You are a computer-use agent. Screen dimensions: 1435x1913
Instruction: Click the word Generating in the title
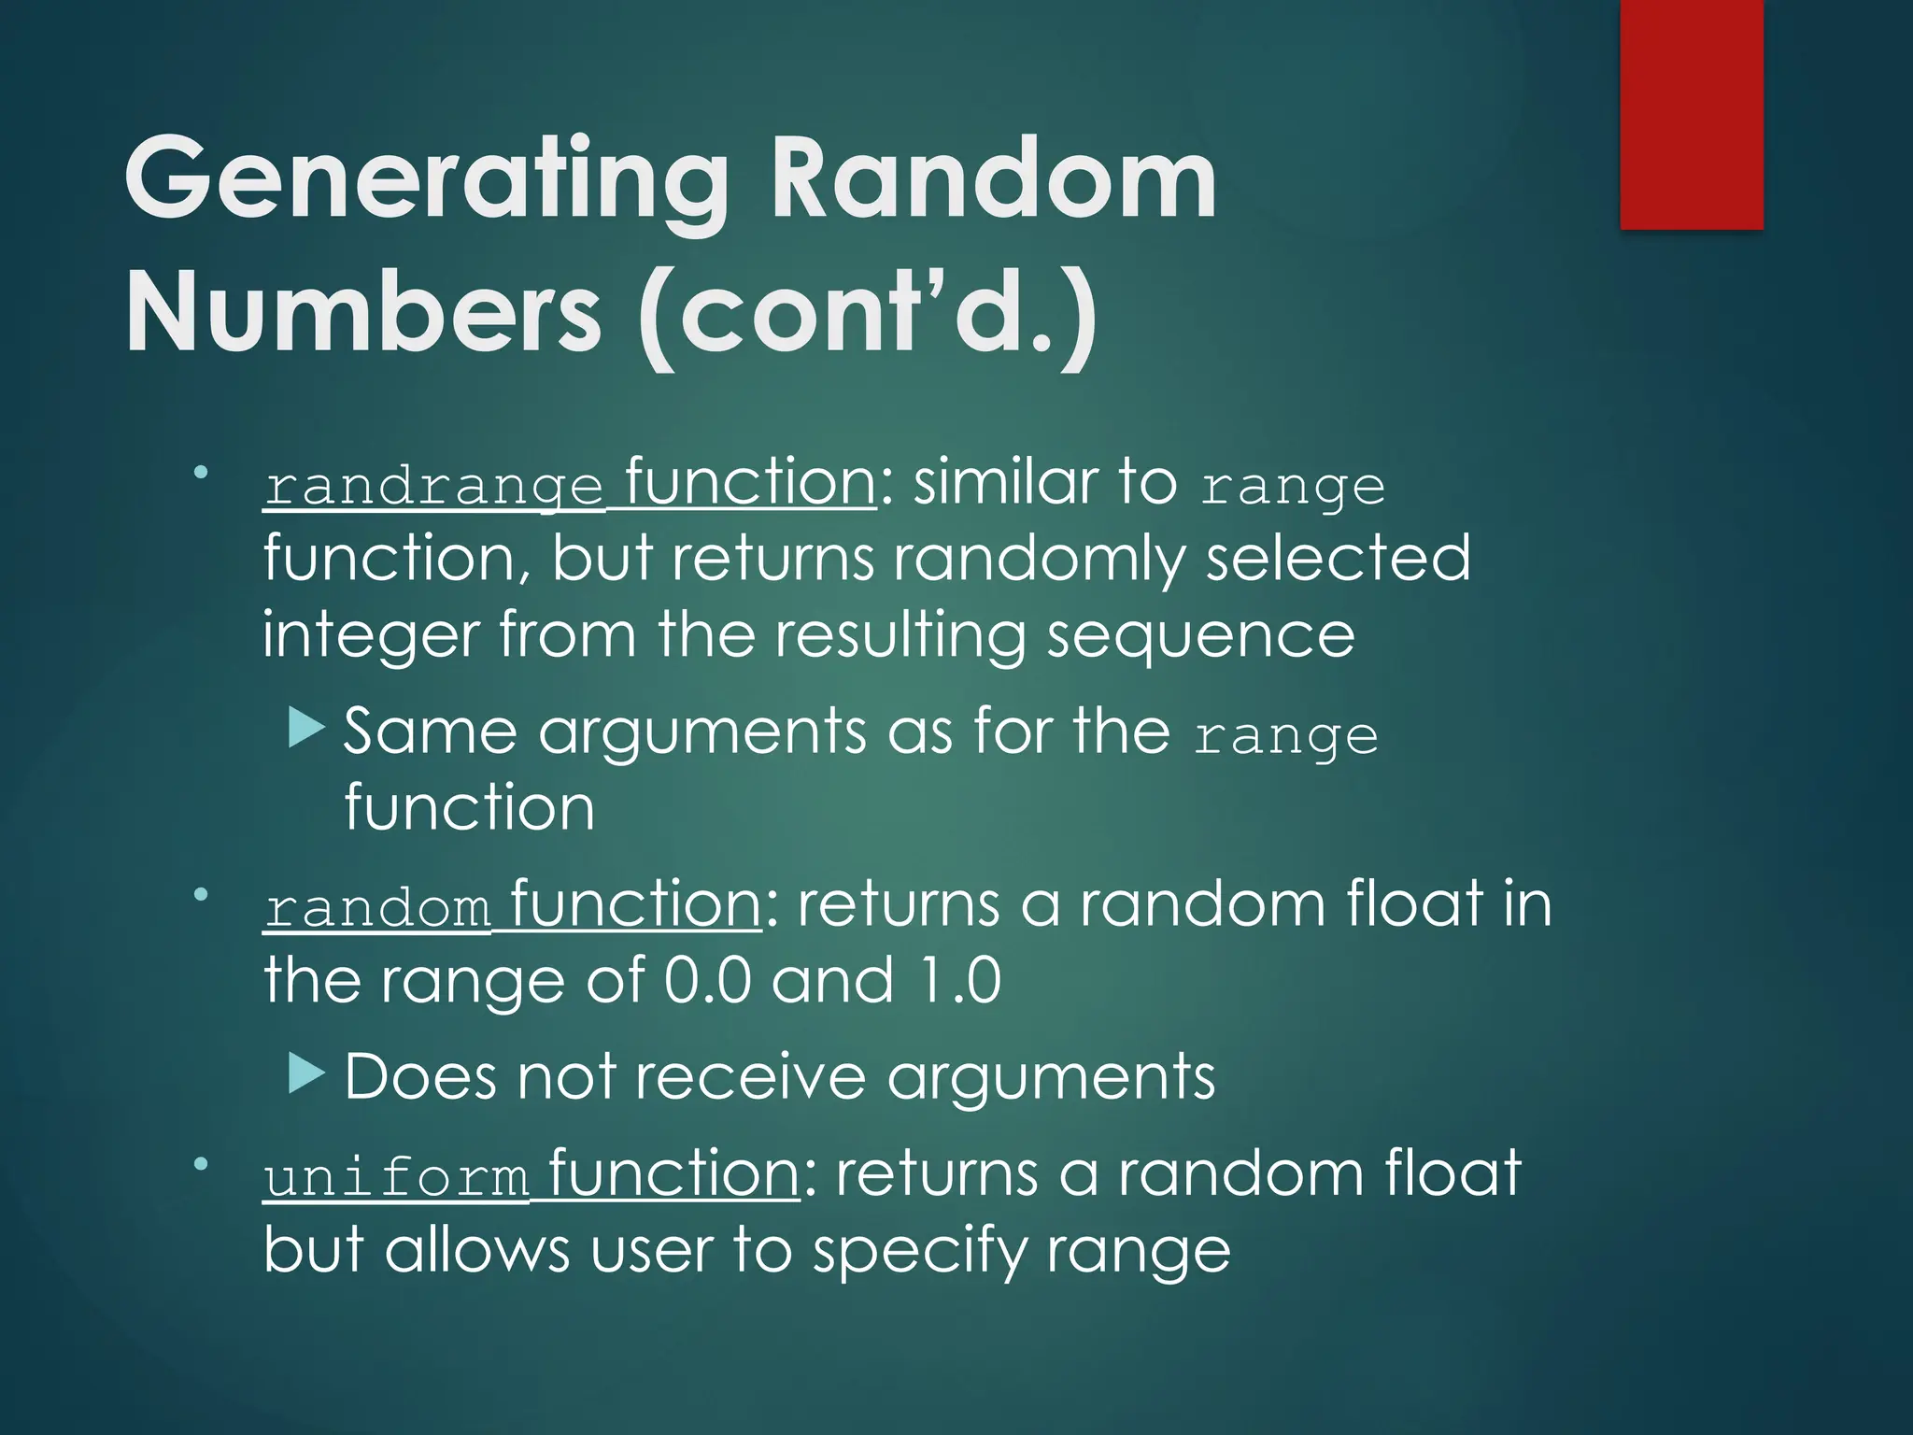click(x=425, y=179)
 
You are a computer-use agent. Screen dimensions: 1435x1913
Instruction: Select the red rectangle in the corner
click(x=1691, y=114)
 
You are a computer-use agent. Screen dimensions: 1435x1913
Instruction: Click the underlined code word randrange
click(x=433, y=487)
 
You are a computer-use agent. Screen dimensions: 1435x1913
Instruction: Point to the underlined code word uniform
click(x=396, y=1177)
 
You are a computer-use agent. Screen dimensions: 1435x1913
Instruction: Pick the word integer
click(x=369, y=636)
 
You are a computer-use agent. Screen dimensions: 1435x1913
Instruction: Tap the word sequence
click(x=1199, y=636)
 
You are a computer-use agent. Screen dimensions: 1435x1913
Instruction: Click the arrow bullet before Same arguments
click(x=306, y=727)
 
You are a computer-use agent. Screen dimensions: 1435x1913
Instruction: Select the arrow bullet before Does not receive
click(x=306, y=1073)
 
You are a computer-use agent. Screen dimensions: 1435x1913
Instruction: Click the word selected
click(x=1338, y=559)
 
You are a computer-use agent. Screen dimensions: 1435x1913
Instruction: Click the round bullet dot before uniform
click(x=200, y=1164)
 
